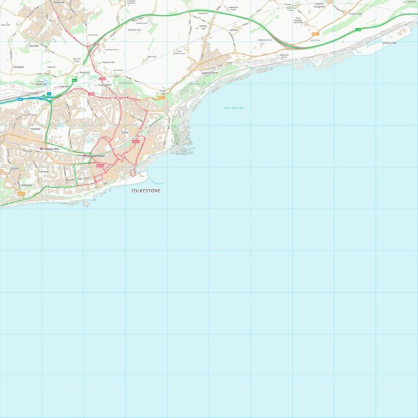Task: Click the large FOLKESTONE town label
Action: click(145, 191)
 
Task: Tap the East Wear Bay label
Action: click(233, 108)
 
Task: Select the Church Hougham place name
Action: click(319, 6)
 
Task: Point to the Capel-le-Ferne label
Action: click(210, 72)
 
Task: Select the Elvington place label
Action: click(18, 66)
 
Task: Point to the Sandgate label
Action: click(26, 185)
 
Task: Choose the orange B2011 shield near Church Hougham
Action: click(316, 34)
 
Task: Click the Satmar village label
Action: click(233, 30)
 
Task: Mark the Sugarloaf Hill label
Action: click(105, 85)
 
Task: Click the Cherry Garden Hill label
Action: click(40, 83)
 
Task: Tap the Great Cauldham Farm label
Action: click(179, 52)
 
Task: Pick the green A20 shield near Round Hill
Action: click(74, 80)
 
